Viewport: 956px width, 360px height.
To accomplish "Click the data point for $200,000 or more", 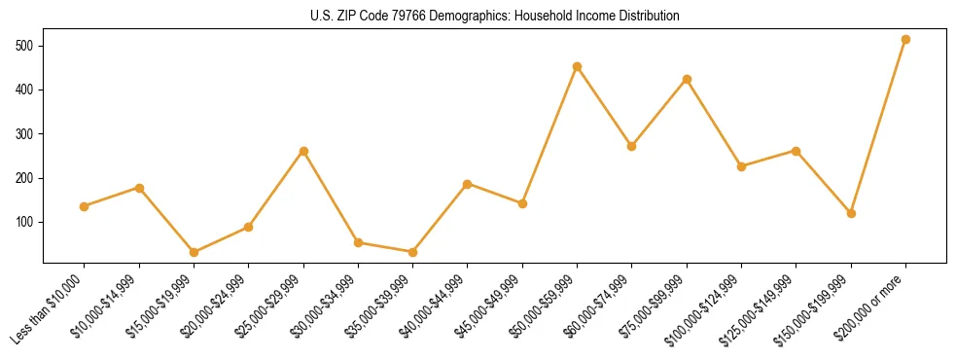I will (x=905, y=40).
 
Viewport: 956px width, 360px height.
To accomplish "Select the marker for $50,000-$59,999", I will (x=577, y=67).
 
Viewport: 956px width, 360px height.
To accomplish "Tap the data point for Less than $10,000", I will (x=85, y=206).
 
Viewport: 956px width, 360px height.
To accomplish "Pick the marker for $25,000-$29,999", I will (x=303, y=152).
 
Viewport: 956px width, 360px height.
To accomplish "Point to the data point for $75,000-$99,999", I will (x=687, y=79).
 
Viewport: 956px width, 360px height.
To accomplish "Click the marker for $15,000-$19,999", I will (x=194, y=252).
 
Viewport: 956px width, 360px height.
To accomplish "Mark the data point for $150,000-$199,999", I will (x=851, y=213).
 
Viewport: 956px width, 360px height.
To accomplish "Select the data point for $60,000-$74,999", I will (x=632, y=146).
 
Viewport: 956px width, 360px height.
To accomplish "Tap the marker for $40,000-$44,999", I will (x=468, y=184).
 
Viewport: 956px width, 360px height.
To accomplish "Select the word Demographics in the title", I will (x=483, y=17).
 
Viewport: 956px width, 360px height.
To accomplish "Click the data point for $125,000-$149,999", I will (x=797, y=151).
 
